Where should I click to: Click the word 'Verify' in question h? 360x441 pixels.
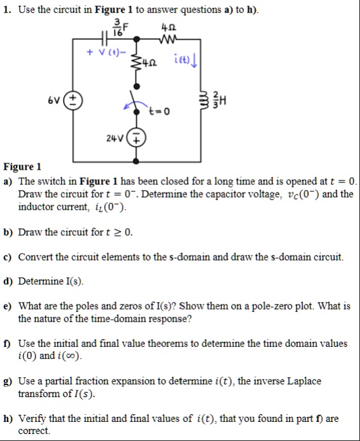coord(32,418)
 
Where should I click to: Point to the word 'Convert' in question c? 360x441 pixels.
coord(36,257)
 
